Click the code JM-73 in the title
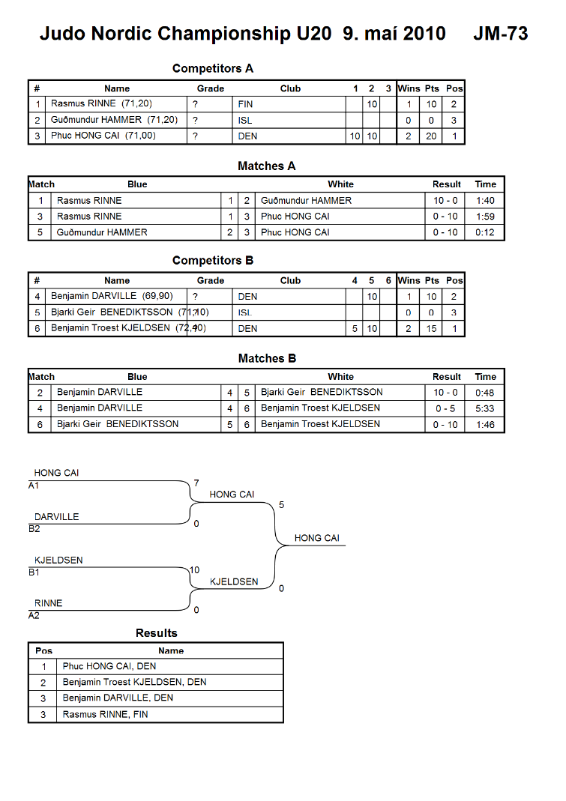pyautogui.click(x=501, y=34)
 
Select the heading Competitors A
pyautogui.click(x=213, y=68)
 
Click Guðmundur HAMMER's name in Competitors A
pyautogui.click(x=96, y=120)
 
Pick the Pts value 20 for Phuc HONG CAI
pyautogui.click(x=432, y=136)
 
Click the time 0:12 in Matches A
pyautogui.click(x=485, y=232)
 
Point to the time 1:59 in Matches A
pyautogui.click(x=485, y=217)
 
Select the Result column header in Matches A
pyautogui.click(x=446, y=184)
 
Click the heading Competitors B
pyautogui.click(x=213, y=261)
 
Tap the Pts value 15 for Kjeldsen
pyautogui.click(x=432, y=328)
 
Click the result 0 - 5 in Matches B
pyautogui.click(x=445, y=408)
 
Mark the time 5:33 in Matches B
pyautogui.click(x=485, y=408)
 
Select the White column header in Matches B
pyautogui.click(x=340, y=377)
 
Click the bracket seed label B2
pyautogui.click(x=34, y=529)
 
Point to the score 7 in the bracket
pyautogui.click(x=196, y=483)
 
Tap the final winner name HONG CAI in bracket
pyautogui.click(x=317, y=538)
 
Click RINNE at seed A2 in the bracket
pyautogui.click(x=49, y=603)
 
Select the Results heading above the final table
pyautogui.click(x=157, y=633)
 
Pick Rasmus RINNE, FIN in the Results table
pyautogui.click(x=105, y=715)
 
